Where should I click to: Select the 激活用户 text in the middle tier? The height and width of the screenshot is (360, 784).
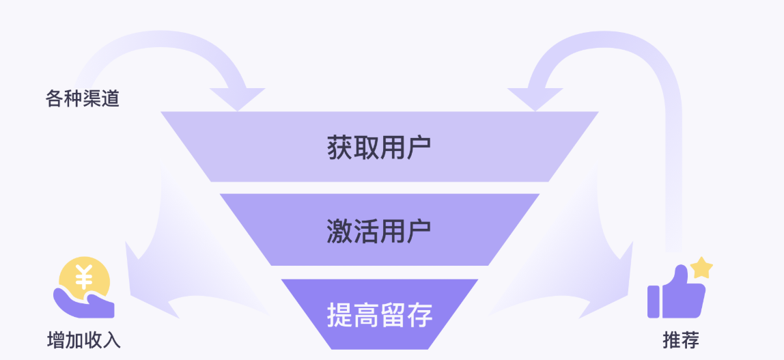[x=379, y=232]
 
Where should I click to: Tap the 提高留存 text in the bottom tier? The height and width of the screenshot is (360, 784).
[x=379, y=316]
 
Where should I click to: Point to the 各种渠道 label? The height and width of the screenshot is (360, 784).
[x=82, y=99]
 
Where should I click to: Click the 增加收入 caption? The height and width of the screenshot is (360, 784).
[x=84, y=340]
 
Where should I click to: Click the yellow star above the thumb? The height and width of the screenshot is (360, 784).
[x=701, y=267]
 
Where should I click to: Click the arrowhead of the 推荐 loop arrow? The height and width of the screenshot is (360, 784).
[x=535, y=98]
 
